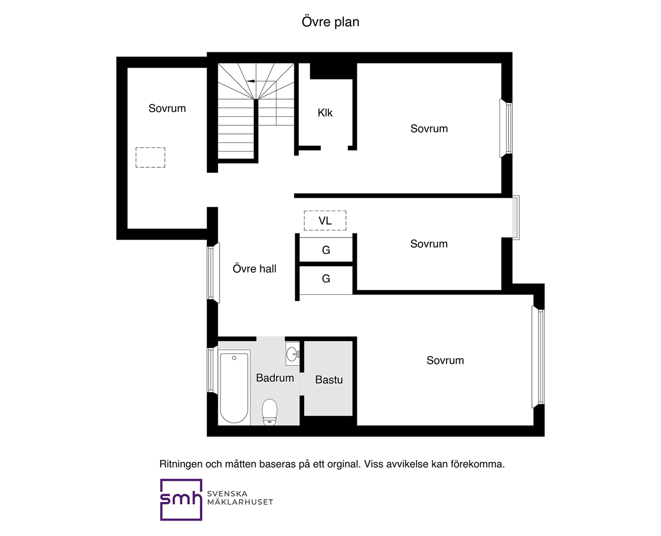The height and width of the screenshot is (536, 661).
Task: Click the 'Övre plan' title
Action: (330, 22)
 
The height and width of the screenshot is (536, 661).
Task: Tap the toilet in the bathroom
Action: (270, 412)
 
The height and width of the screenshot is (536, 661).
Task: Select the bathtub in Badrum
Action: (234, 387)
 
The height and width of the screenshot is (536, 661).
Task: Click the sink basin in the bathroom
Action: (292, 354)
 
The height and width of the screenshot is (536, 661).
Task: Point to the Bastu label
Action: (329, 380)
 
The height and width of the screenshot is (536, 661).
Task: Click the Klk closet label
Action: (325, 113)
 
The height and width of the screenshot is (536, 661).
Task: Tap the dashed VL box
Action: (325, 220)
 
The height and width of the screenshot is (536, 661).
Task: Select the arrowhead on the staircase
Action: (250, 81)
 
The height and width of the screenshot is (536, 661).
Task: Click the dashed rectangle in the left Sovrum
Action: (150, 157)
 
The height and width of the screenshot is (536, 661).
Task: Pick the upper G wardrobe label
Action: (326, 250)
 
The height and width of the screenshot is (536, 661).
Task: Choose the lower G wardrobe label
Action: (326, 279)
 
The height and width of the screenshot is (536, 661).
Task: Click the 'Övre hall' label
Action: (255, 269)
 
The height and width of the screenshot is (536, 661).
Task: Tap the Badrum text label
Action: (275, 378)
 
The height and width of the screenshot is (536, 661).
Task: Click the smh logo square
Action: (181, 500)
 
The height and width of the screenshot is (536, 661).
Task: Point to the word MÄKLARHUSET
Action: (240, 502)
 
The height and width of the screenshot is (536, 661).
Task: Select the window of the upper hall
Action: (213, 273)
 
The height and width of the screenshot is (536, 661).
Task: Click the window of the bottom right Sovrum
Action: (538, 357)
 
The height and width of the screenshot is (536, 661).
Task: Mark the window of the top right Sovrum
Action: (506, 128)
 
